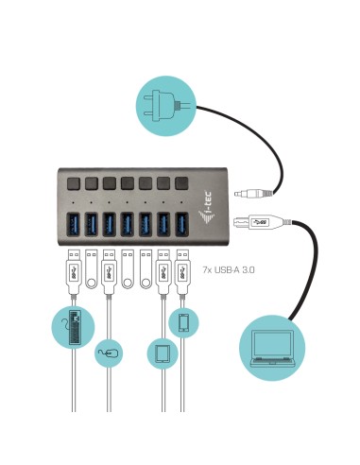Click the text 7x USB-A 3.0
[x=229, y=270]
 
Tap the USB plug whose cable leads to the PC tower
[x=74, y=268]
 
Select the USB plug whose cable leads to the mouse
[x=110, y=268]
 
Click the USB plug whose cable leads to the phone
[x=183, y=268]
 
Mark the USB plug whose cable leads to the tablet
[x=164, y=268]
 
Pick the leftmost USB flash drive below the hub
[x=92, y=268]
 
